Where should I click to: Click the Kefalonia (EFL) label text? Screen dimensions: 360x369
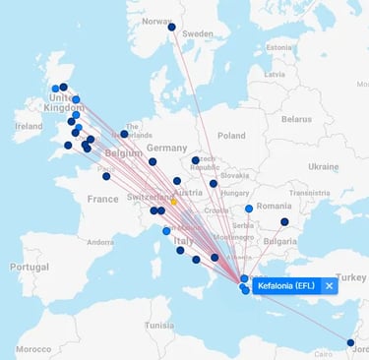[288, 285]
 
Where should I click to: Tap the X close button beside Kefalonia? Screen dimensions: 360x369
[329, 285]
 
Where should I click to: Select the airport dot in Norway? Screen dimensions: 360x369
[171, 28]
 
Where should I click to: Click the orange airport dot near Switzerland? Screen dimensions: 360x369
[174, 202]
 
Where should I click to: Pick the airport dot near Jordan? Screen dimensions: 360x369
[350, 342]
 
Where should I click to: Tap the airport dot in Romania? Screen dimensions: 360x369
[284, 221]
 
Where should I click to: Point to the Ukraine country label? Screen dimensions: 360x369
[323, 166]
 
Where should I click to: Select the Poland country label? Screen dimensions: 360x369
[231, 136]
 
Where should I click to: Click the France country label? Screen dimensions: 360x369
[102, 198]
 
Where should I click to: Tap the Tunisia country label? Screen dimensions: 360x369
[158, 325]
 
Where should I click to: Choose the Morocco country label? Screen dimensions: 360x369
[32, 348]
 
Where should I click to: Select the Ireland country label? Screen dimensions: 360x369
[29, 126]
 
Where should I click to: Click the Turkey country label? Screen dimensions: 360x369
[349, 276]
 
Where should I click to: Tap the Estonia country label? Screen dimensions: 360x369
[278, 47]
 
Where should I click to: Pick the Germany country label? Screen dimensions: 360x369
[165, 148]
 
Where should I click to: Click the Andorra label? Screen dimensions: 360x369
[100, 241]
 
